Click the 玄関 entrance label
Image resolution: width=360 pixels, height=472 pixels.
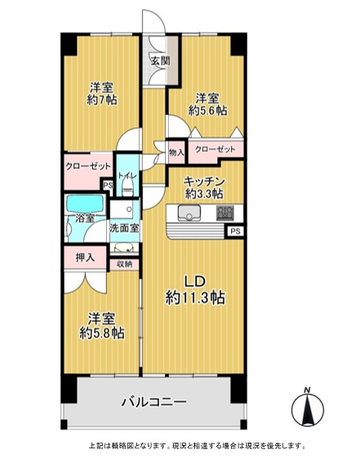pyautogui.click(x=161, y=61)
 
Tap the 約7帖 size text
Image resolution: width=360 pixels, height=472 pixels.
pyautogui.click(x=102, y=100)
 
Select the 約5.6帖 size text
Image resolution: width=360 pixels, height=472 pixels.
pyautogui.click(x=207, y=110)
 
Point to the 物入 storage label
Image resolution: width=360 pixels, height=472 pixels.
pyautogui.click(x=176, y=153)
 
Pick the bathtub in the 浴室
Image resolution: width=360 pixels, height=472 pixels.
pyautogui.click(x=86, y=204)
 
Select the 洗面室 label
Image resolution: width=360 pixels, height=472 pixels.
pyautogui.click(x=124, y=228)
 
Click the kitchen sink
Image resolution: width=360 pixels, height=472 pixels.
pyautogui.click(x=189, y=212)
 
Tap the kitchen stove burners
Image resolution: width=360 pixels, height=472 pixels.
pyautogui.click(x=224, y=212)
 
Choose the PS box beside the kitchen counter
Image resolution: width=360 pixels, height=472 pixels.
pyautogui.click(x=235, y=231)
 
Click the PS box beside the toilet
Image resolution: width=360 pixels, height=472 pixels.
pyautogui.click(x=108, y=185)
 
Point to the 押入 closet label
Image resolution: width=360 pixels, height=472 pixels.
pyautogui.click(x=85, y=257)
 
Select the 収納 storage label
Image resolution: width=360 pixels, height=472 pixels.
pyautogui.click(x=124, y=265)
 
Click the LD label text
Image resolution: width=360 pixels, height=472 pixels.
pyautogui.click(x=195, y=282)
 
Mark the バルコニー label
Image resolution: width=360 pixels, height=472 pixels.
pyautogui.click(x=154, y=402)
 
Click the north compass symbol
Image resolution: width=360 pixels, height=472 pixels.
pyautogui.click(x=308, y=407)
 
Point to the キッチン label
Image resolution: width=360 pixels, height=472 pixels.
pyautogui.click(x=204, y=181)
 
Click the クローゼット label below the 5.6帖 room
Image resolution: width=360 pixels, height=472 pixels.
pyautogui.click(x=215, y=149)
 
